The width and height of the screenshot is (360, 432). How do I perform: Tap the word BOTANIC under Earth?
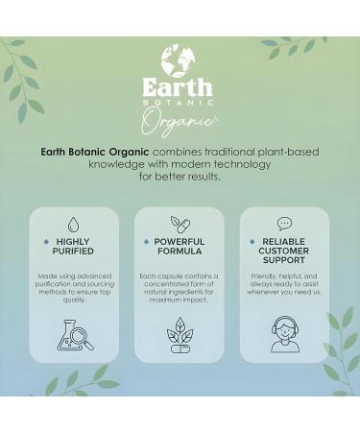(180, 103)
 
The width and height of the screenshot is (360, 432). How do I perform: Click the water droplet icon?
(75, 222)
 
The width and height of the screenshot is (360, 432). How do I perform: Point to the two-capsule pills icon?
(179, 222)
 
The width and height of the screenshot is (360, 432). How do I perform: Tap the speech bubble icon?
(284, 223)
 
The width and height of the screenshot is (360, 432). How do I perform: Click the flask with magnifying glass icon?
(75, 332)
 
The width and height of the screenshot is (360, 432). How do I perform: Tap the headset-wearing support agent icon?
(284, 334)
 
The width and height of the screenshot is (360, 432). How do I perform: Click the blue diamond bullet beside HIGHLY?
(46, 242)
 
